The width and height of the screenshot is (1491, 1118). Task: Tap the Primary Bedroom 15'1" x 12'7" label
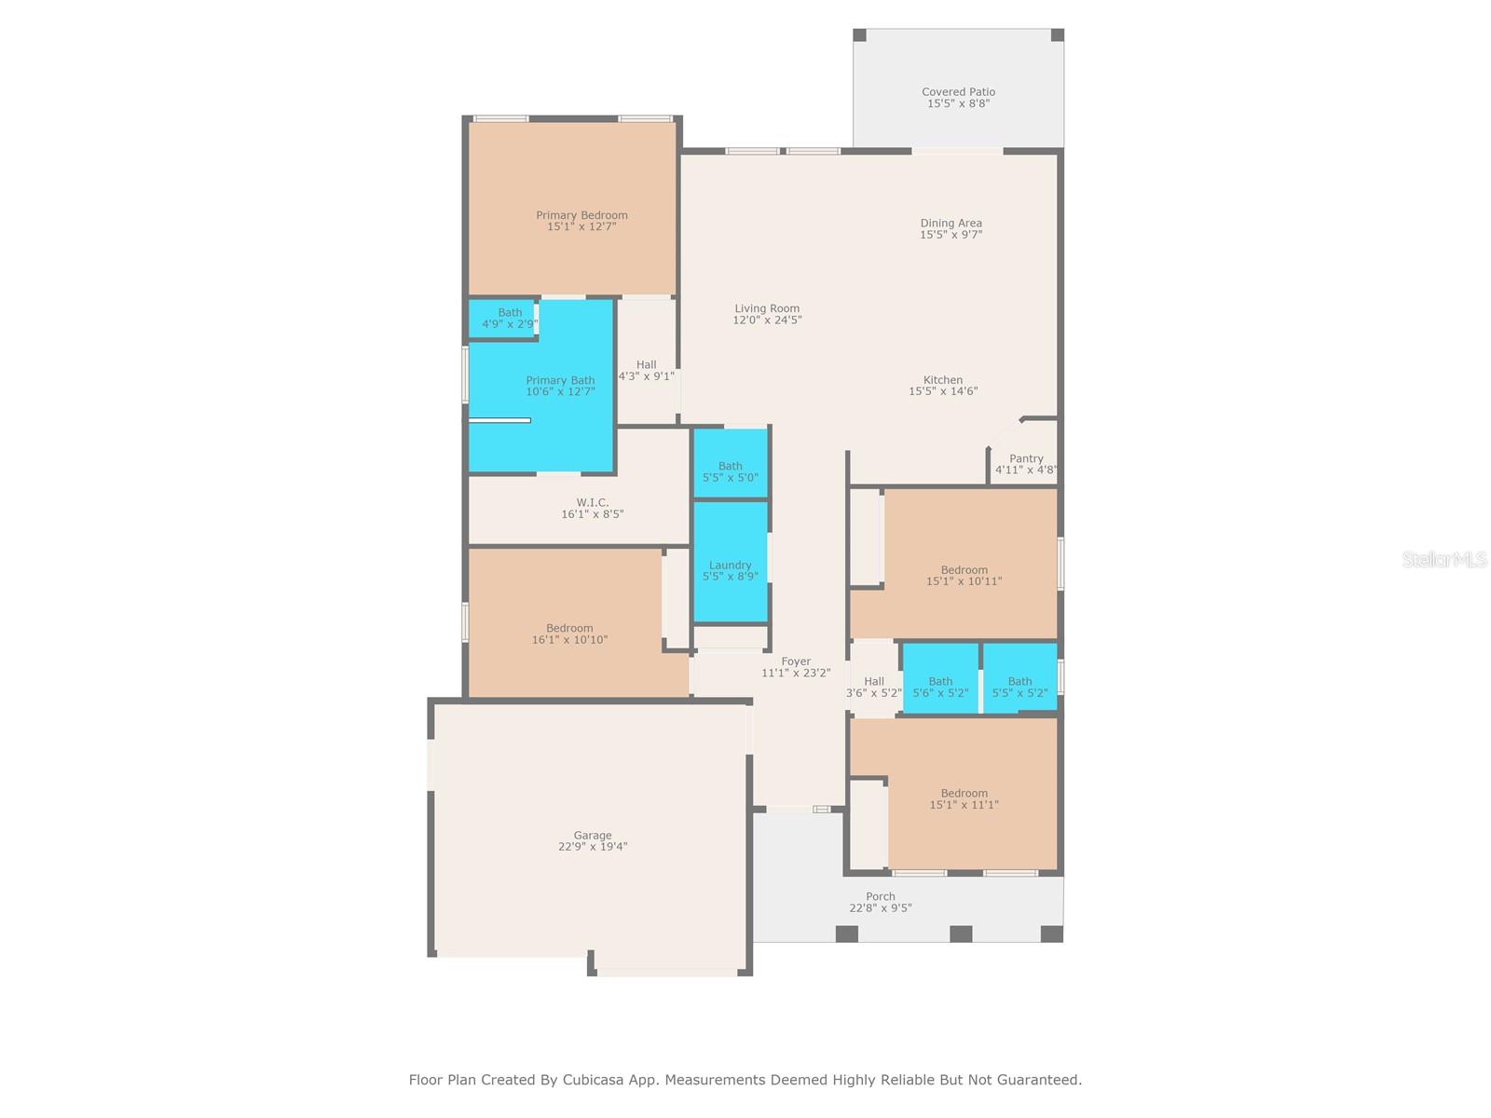[x=581, y=221]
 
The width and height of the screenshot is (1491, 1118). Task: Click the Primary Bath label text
[x=560, y=380]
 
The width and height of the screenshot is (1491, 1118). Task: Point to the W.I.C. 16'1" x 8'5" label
[x=592, y=509]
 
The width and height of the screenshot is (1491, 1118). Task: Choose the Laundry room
[x=730, y=570]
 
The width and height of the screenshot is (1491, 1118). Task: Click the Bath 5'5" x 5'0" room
[x=730, y=471]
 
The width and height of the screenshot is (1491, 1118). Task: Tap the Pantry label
[x=1026, y=458]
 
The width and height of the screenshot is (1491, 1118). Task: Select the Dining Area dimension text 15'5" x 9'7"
[x=951, y=235]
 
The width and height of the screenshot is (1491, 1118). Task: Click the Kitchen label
[x=943, y=380]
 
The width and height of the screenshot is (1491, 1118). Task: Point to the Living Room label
[x=767, y=308]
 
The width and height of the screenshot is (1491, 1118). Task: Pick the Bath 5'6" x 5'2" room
[x=940, y=687]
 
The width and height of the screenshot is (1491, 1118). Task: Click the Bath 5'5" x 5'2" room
[x=1019, y=687]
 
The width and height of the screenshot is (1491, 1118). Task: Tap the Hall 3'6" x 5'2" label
[x=873, y=688]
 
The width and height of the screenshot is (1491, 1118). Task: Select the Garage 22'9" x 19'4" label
[x=593, y=841]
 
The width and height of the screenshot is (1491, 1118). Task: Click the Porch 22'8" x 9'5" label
[x=880, y=902]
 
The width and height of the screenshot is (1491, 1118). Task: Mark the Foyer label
[x=796, y=661]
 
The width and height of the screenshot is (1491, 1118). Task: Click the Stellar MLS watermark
[x=1443, y=559]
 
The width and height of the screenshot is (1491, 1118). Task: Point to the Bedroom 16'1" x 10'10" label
[x=569, y=634]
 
